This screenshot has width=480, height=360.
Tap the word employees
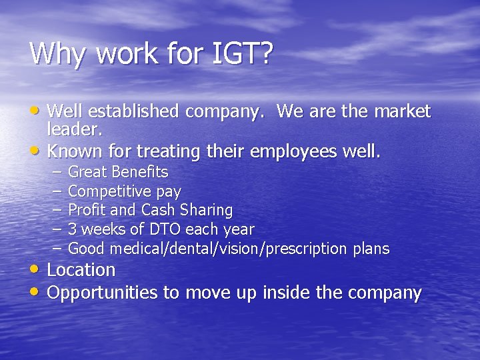coord(293,151)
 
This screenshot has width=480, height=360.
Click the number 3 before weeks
coord(72,229)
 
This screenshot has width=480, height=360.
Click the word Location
coord(81,270)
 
